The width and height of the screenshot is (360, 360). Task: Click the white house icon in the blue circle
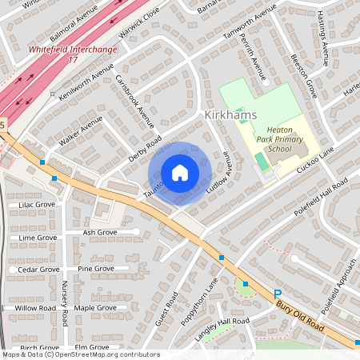tap(180, 172)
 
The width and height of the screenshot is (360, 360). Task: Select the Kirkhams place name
tap(230, 115)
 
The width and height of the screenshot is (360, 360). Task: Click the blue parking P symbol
tap(278, 294)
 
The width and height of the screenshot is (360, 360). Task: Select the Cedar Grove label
tap(38, 270)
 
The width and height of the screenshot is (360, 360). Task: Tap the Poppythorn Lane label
tap(200, 299)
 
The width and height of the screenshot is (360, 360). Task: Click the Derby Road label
tap(145, 148)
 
